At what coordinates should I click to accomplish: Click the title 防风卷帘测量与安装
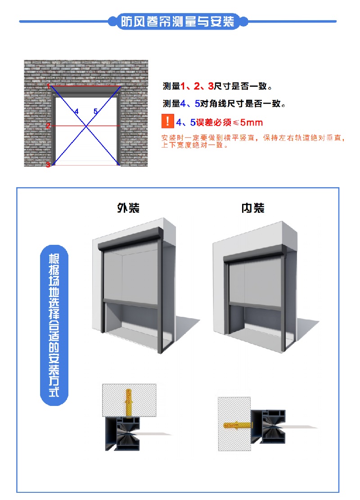point(177,21)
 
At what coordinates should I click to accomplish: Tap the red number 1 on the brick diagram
point(49,86)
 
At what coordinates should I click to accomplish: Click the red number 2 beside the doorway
point(48,126)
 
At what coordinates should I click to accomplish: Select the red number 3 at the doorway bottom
point(48,165)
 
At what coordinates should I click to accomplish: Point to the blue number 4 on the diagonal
point(76,111)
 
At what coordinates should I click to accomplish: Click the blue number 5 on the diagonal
point(95,111)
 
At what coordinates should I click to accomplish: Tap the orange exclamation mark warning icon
point(167,122)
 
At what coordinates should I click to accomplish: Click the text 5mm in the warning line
point(251,122)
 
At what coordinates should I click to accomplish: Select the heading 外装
point(128,208)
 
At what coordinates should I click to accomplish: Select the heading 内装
point(253,208)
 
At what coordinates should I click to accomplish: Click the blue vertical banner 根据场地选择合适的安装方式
point(54,325)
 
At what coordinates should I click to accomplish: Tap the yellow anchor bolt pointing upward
point(129,402)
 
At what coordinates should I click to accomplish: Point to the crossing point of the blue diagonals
point(86,126)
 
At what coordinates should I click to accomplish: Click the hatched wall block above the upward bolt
point(129,400)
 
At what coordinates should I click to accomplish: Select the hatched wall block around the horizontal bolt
point(234,424)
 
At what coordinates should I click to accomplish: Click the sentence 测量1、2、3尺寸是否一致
point(217,86)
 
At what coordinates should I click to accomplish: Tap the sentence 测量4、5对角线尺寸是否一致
point(224,104)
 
